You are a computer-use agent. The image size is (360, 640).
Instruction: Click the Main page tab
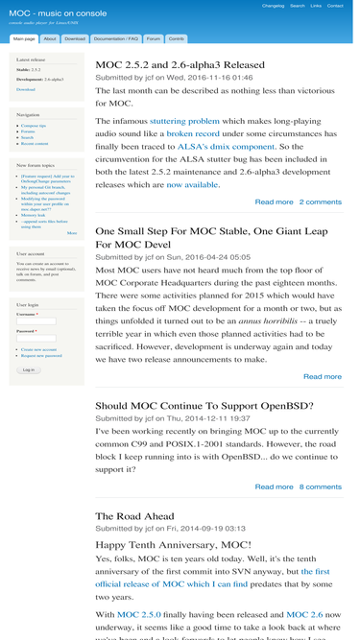coord(24,39)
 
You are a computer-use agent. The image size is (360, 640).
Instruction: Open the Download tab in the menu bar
coord(74,39)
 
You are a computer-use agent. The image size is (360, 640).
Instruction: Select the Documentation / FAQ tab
coord(115,39)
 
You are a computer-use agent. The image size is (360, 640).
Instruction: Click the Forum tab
coord(154,39)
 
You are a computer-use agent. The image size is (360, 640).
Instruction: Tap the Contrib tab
coord(177,39)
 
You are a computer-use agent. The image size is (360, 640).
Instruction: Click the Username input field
coord(36,321)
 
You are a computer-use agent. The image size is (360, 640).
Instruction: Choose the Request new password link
coord(41,356)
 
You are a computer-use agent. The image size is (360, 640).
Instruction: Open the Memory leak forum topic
coord(33,216)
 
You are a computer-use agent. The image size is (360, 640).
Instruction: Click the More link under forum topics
coord(72,233)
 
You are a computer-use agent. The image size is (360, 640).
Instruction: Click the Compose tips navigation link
coord(34,126)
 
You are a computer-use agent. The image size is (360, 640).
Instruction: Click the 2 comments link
coord(320,202)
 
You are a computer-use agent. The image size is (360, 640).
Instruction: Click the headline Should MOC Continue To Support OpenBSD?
coord(204,406)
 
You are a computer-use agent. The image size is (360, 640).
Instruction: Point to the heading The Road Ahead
coord(135,516)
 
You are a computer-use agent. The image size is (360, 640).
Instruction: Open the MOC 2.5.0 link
coord(140,614)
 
